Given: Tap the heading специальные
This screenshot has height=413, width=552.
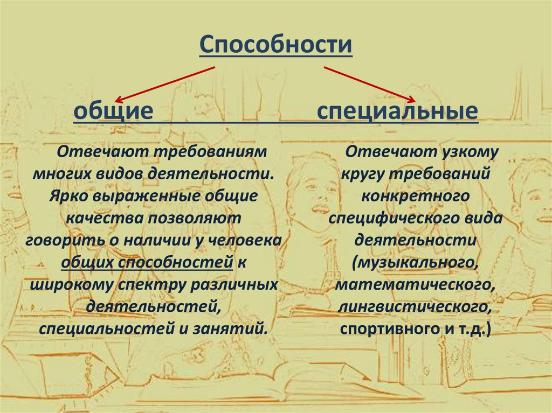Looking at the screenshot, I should pyautogui.click(x=397, y=111).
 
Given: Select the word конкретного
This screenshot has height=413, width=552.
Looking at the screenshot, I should pyautogui.click(x=415, y=196).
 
